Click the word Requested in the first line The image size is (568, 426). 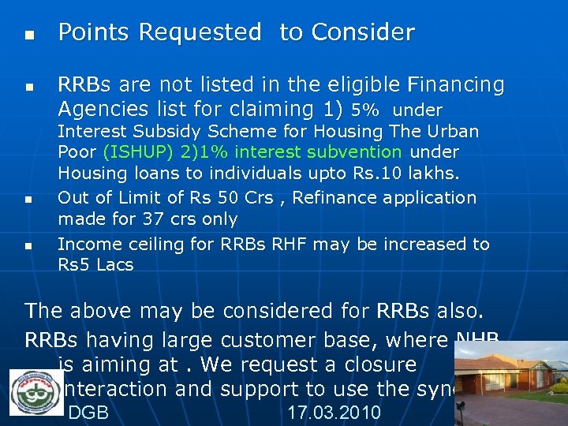[200, 33]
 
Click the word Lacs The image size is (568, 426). [115, 265]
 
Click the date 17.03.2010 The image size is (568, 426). [334, 413]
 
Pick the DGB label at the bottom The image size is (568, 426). [88, 413]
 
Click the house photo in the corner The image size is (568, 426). [514, 383]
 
